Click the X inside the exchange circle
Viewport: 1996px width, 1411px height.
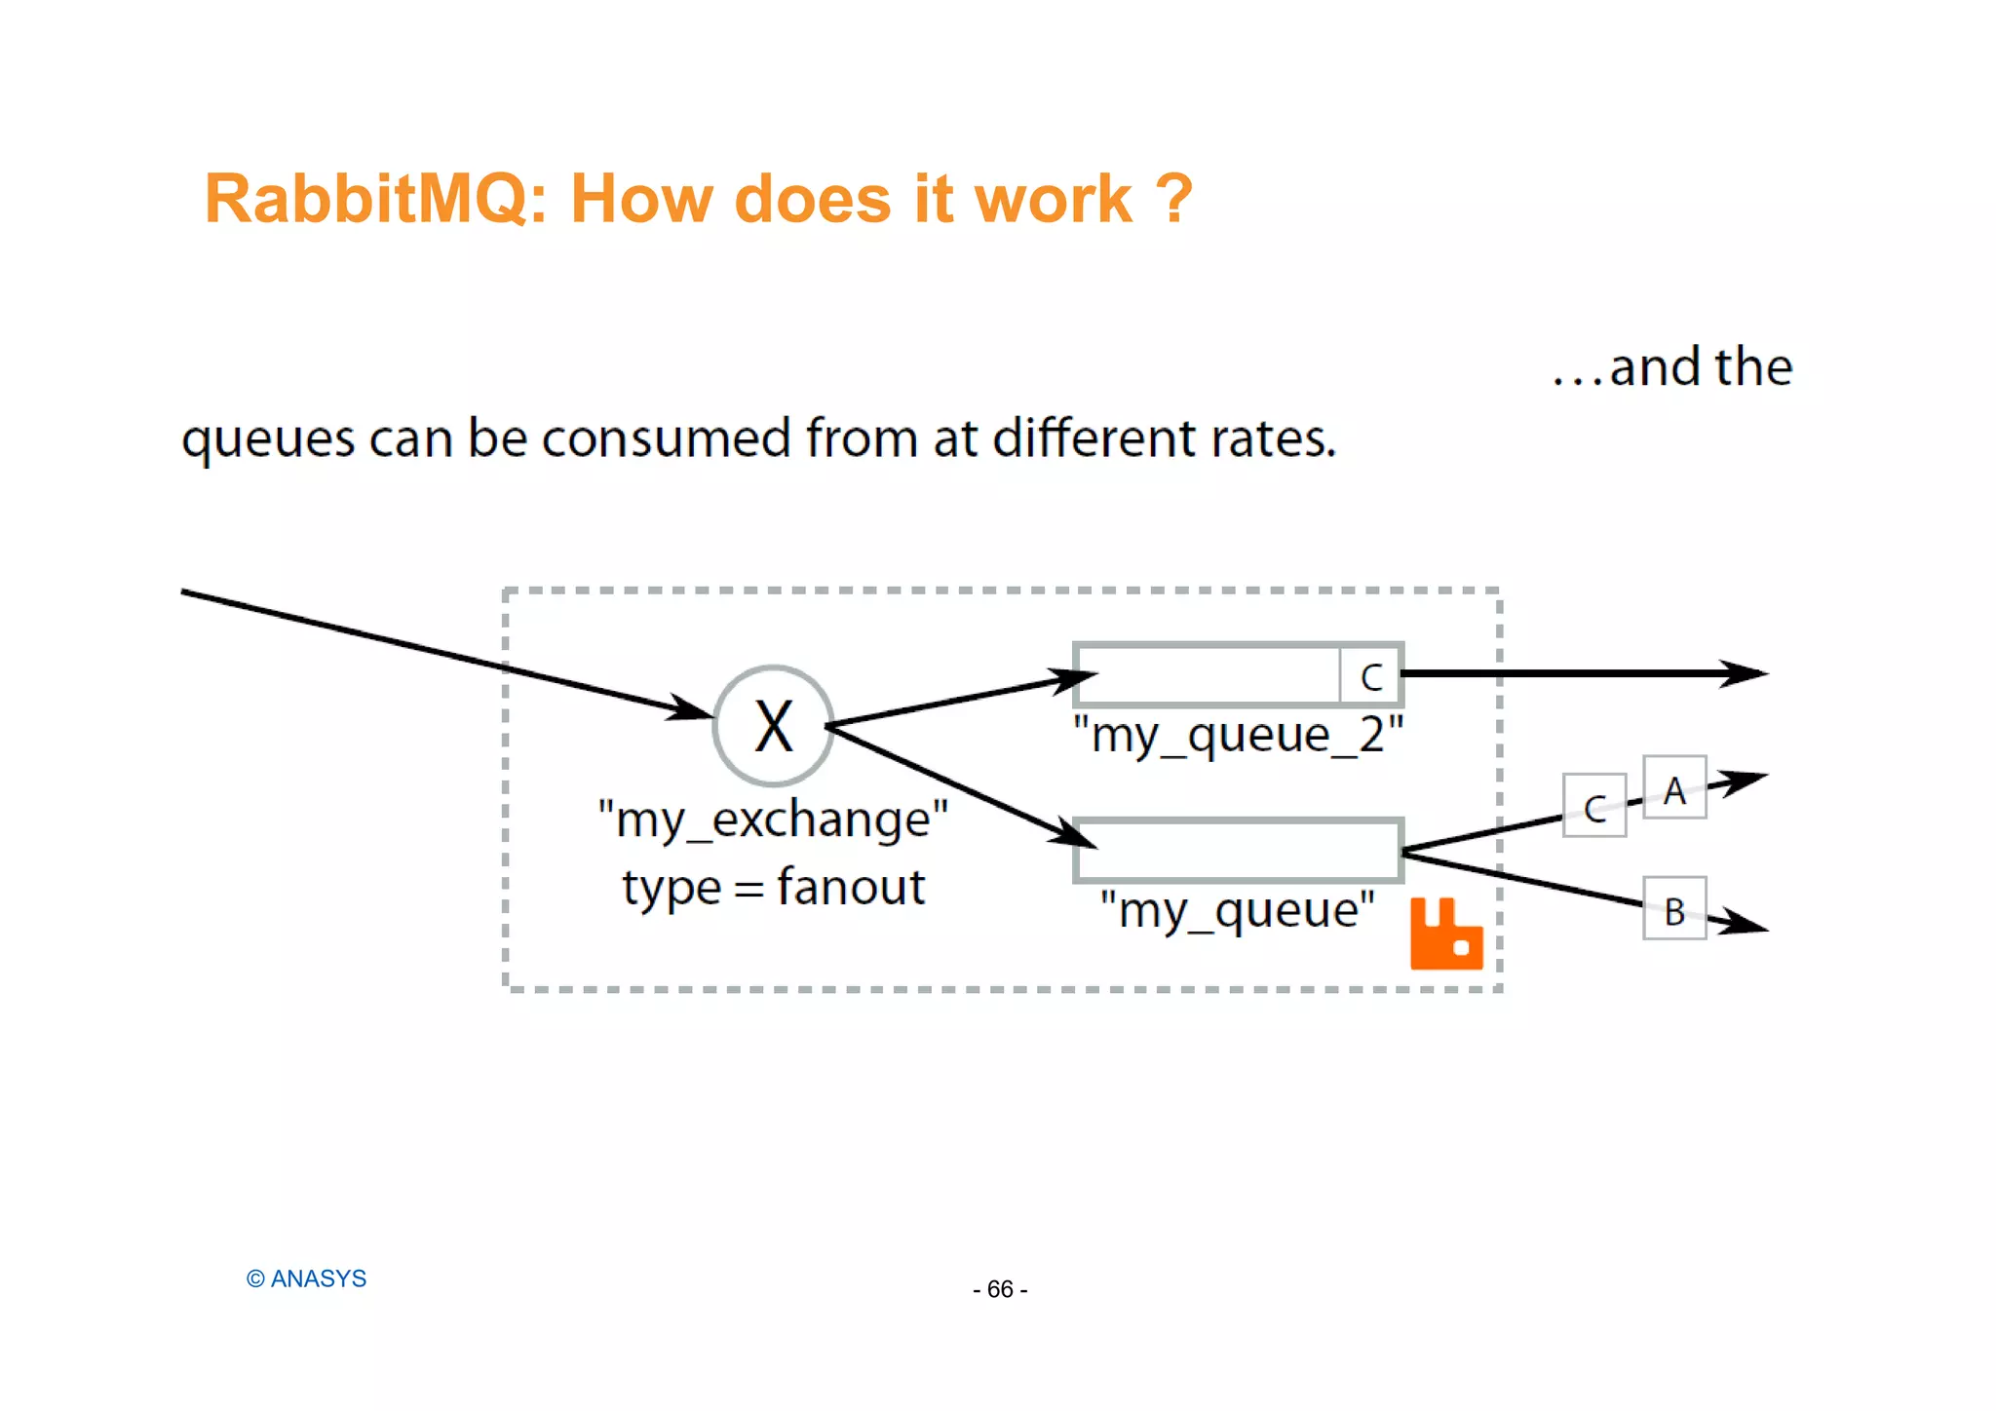tap(774, 727)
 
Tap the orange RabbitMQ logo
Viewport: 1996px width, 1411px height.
tap(1445, 934)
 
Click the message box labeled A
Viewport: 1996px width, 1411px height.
tap(1673, 788)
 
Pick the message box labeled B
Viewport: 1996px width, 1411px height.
tap(1673, 909)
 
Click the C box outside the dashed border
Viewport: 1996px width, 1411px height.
tap(1593, 806)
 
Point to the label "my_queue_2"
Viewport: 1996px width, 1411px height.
tap(1238, 736)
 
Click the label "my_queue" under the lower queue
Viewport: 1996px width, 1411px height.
tap(1237, 911)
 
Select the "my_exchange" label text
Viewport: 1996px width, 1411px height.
tap(773, 820)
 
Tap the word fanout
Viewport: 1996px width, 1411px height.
tap(851, 888)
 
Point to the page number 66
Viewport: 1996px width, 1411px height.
tap(1000, 1289)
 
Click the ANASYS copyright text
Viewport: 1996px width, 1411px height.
tap(307, 1278)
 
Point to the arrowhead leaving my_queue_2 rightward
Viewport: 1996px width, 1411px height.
tap(1745, 673)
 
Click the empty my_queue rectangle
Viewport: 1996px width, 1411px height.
tap(1238, 851)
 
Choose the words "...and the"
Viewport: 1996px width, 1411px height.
tap(1672, 367)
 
